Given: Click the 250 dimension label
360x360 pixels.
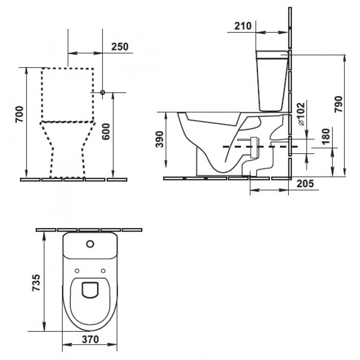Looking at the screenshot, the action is (120, 47).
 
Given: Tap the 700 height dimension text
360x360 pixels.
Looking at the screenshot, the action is (20, 114).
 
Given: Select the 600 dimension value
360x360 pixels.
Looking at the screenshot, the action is (106, 131).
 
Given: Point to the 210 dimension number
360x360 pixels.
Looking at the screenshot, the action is (243, 26).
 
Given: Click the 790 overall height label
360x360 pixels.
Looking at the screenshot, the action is (339, 104).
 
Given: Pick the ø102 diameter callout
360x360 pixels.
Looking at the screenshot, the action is (302, 114).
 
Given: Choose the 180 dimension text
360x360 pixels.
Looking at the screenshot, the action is (326, 136).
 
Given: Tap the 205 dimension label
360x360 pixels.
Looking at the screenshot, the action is (305, 184).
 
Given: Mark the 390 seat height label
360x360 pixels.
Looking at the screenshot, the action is (160, 139).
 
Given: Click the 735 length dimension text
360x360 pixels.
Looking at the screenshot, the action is (36, 282).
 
